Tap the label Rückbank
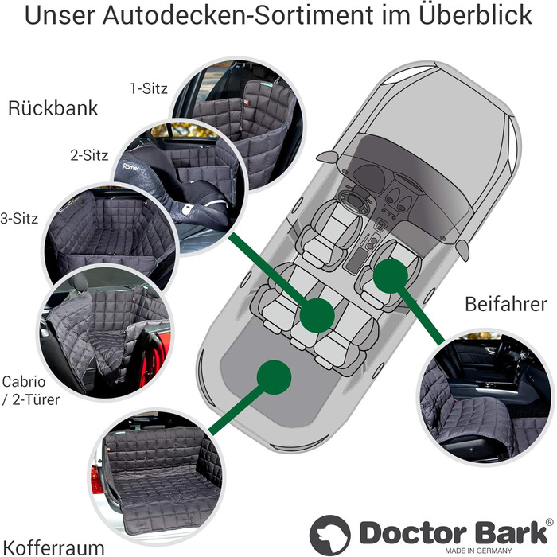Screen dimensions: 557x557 point(53,109)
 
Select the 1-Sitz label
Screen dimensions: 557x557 point(149,88)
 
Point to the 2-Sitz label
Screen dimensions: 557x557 point(89,154)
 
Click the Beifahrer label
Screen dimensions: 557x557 point(507,304)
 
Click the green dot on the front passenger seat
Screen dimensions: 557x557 point(391,275)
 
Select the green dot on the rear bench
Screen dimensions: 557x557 point(317,314)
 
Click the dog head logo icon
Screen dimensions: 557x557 point(329,534)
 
